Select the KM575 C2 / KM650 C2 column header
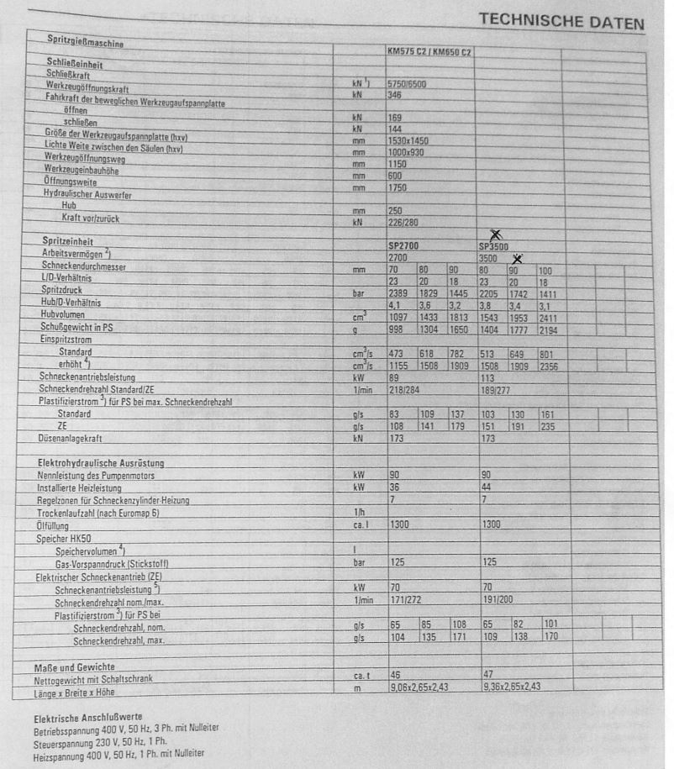(x=429, y=52)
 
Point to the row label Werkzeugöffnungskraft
(x=87, y=88)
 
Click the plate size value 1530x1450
(x=408, y=141)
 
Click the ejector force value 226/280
(x=404, y=224)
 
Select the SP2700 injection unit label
(x=404, y=247)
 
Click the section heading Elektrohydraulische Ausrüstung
(x=101, y=463)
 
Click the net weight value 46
(x=394, y=675)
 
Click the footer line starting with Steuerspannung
(x=101, y=741)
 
